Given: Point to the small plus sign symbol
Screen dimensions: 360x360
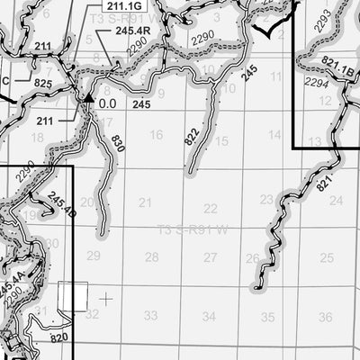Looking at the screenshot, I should point(107,297).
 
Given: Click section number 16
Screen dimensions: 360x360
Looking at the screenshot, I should point(156,135).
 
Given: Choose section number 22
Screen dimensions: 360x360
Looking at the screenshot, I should point(211,207).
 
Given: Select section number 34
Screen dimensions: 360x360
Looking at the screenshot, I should point(209,316).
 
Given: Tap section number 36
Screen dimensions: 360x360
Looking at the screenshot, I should point(326,317).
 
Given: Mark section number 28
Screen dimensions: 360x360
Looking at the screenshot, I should point(151,257).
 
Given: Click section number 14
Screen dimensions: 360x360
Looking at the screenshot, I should point(274,134).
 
